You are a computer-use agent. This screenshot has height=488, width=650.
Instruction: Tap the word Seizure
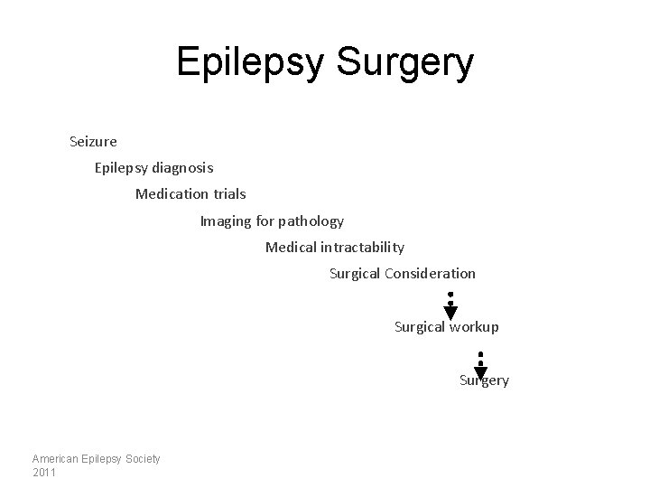point(93,141)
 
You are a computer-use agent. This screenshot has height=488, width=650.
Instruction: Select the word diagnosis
point(183,167)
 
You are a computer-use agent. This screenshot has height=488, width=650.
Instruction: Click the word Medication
point(171,193)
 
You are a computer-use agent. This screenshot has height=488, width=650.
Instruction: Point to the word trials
point(227,193)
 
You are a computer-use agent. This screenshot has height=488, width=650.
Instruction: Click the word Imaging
point(226,221)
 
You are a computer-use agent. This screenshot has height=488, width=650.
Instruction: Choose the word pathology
point(311,221)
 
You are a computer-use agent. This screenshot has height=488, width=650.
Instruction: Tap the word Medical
point(292,247)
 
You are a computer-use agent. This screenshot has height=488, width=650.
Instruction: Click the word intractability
point(364,247)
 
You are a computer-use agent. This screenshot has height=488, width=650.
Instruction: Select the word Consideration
point(431,273)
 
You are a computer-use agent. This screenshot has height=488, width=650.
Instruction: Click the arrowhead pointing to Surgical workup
point(450,313)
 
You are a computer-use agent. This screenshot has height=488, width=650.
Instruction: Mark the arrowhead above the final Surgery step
point(481,372)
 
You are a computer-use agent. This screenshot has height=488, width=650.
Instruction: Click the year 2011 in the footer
point(43,472)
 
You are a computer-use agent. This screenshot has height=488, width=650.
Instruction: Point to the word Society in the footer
point(143,459)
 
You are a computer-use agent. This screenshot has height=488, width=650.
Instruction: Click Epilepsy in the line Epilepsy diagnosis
point(120,167)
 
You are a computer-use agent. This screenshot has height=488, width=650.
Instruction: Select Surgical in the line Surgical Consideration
point(355,273)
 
